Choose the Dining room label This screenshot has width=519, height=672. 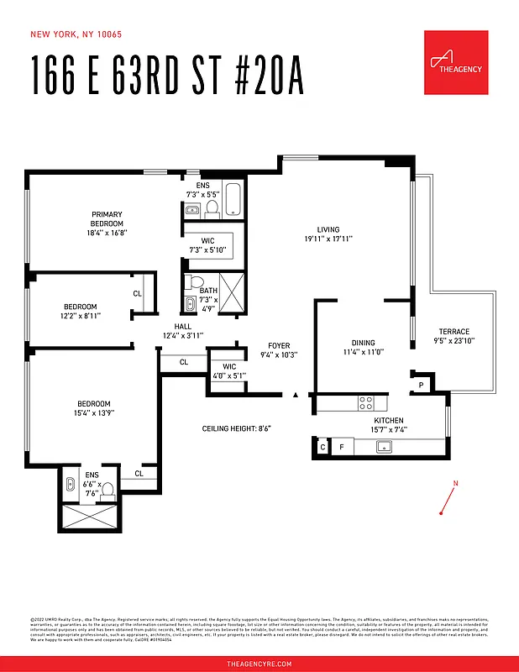(363, 348)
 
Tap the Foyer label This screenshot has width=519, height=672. (279, 350)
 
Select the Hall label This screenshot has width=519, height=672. (183, 330)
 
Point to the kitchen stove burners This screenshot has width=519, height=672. (367, 402)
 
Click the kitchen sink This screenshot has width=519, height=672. (385, 447)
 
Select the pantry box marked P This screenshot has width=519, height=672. (421, 386)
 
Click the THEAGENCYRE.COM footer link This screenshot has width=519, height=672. (259, 664)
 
